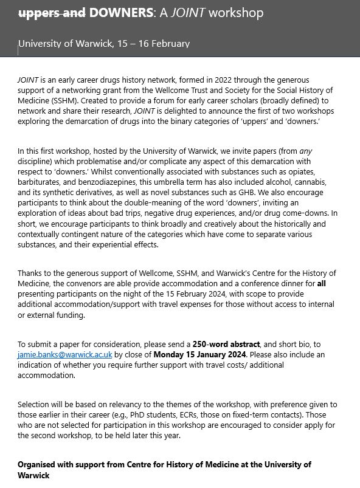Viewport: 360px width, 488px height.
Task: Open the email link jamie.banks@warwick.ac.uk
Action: coord(65,354)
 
